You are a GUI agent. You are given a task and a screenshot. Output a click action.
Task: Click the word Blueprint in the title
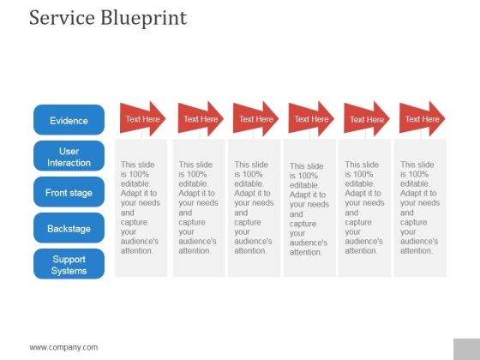(141, 18)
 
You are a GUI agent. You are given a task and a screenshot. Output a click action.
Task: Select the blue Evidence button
(69, 121)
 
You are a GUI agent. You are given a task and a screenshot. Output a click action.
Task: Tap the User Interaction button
(69, 157)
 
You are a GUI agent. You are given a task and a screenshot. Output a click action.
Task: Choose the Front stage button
(69, 193)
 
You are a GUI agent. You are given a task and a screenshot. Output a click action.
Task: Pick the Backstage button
(69, 229)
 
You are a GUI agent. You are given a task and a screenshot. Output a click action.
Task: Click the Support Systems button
(69, 265)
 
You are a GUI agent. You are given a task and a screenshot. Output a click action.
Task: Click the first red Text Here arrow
(142, 119)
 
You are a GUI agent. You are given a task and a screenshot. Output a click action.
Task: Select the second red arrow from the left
(201, 119)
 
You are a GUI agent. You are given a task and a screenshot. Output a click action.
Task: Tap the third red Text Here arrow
(255, 119)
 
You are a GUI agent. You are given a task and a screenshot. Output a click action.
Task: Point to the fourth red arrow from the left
(311, 119)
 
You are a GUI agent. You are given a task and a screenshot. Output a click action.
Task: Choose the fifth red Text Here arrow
(366, 119)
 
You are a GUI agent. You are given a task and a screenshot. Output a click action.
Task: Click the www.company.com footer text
(63, 347)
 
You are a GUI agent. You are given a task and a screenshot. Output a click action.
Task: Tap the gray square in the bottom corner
(466, 347)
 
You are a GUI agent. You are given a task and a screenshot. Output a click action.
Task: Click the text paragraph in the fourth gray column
(309, 209)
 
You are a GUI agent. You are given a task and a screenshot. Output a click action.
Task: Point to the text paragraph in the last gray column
(419, 207)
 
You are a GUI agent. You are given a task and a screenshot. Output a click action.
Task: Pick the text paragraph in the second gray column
(198, 207)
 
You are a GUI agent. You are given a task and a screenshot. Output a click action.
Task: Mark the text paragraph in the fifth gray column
(363, 207)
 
